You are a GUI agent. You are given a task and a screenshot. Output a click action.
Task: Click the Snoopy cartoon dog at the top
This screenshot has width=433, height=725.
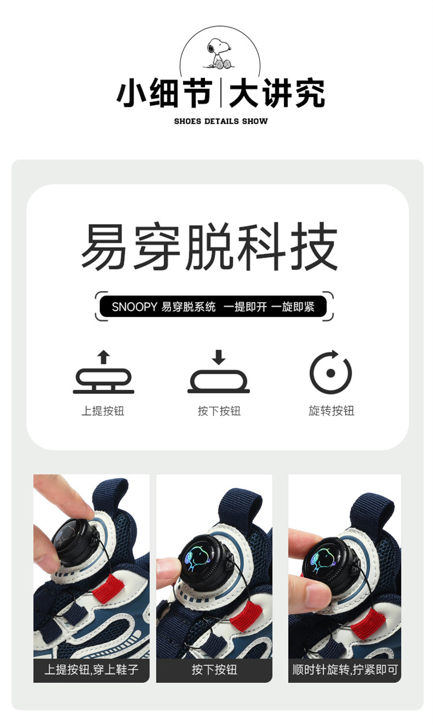(219, 53)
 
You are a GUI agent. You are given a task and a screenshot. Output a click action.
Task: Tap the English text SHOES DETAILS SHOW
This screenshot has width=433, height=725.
(221, 121)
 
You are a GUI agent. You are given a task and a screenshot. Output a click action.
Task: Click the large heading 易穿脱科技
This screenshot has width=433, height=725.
(210, 246)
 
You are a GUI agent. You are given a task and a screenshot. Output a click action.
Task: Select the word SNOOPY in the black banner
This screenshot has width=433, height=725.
(134, 307)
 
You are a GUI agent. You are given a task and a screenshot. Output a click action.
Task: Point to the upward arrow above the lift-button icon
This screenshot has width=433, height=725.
(103, 357)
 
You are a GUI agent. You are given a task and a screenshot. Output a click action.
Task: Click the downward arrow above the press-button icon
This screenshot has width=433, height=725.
(219, 357)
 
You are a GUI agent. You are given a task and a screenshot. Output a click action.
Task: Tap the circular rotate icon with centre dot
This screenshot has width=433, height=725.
(330, 372)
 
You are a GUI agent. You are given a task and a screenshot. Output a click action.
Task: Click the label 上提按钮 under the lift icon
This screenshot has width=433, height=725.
(103, 411)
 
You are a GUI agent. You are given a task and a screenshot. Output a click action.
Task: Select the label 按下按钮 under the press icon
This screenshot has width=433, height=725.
(219, 411)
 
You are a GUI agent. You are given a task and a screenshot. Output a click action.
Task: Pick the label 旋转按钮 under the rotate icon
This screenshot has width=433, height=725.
(331, 410)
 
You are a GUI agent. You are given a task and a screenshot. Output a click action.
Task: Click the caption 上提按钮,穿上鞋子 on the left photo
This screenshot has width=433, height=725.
(92, 670)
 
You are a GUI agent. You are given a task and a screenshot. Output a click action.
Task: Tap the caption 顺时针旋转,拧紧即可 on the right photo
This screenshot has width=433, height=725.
(345, 670)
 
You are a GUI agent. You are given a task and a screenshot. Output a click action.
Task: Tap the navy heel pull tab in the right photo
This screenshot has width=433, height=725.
(371, 511)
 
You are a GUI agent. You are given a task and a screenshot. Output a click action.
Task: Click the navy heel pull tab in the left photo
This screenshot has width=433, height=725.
(110, 497)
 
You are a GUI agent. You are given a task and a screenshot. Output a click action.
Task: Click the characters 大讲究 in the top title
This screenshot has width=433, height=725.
(277, 93)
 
